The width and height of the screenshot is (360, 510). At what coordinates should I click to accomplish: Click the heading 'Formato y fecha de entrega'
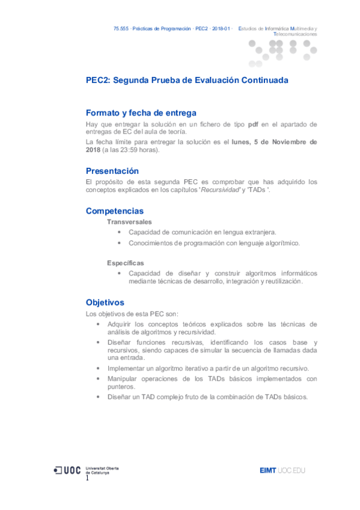coord(141,112)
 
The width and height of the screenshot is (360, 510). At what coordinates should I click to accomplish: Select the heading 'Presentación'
coord(112,171)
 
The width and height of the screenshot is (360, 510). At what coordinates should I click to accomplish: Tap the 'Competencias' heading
coord(115,211)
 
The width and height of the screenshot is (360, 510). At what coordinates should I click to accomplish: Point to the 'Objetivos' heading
coord(105,303)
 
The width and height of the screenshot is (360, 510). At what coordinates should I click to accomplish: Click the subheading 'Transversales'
coord(129,222)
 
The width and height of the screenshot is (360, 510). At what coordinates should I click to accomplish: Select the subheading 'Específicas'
coord(126,263)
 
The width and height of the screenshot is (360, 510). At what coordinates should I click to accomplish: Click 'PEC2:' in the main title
coord(98,80)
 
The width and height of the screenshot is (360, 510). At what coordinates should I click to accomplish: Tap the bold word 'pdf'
coord(254,124)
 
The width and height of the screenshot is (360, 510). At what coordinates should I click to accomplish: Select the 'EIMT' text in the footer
coord(267,470)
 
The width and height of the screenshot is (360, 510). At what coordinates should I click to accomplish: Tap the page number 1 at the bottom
coord(87,478)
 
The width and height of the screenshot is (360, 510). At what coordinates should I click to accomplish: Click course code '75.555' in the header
coord(121,28)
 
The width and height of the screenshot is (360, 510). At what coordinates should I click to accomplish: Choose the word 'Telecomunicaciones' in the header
coord(295,34)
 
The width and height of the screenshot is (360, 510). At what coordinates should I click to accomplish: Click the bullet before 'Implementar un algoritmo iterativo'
coord(99,367)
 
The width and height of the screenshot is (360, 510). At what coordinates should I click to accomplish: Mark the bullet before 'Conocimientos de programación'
coord(120,243)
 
